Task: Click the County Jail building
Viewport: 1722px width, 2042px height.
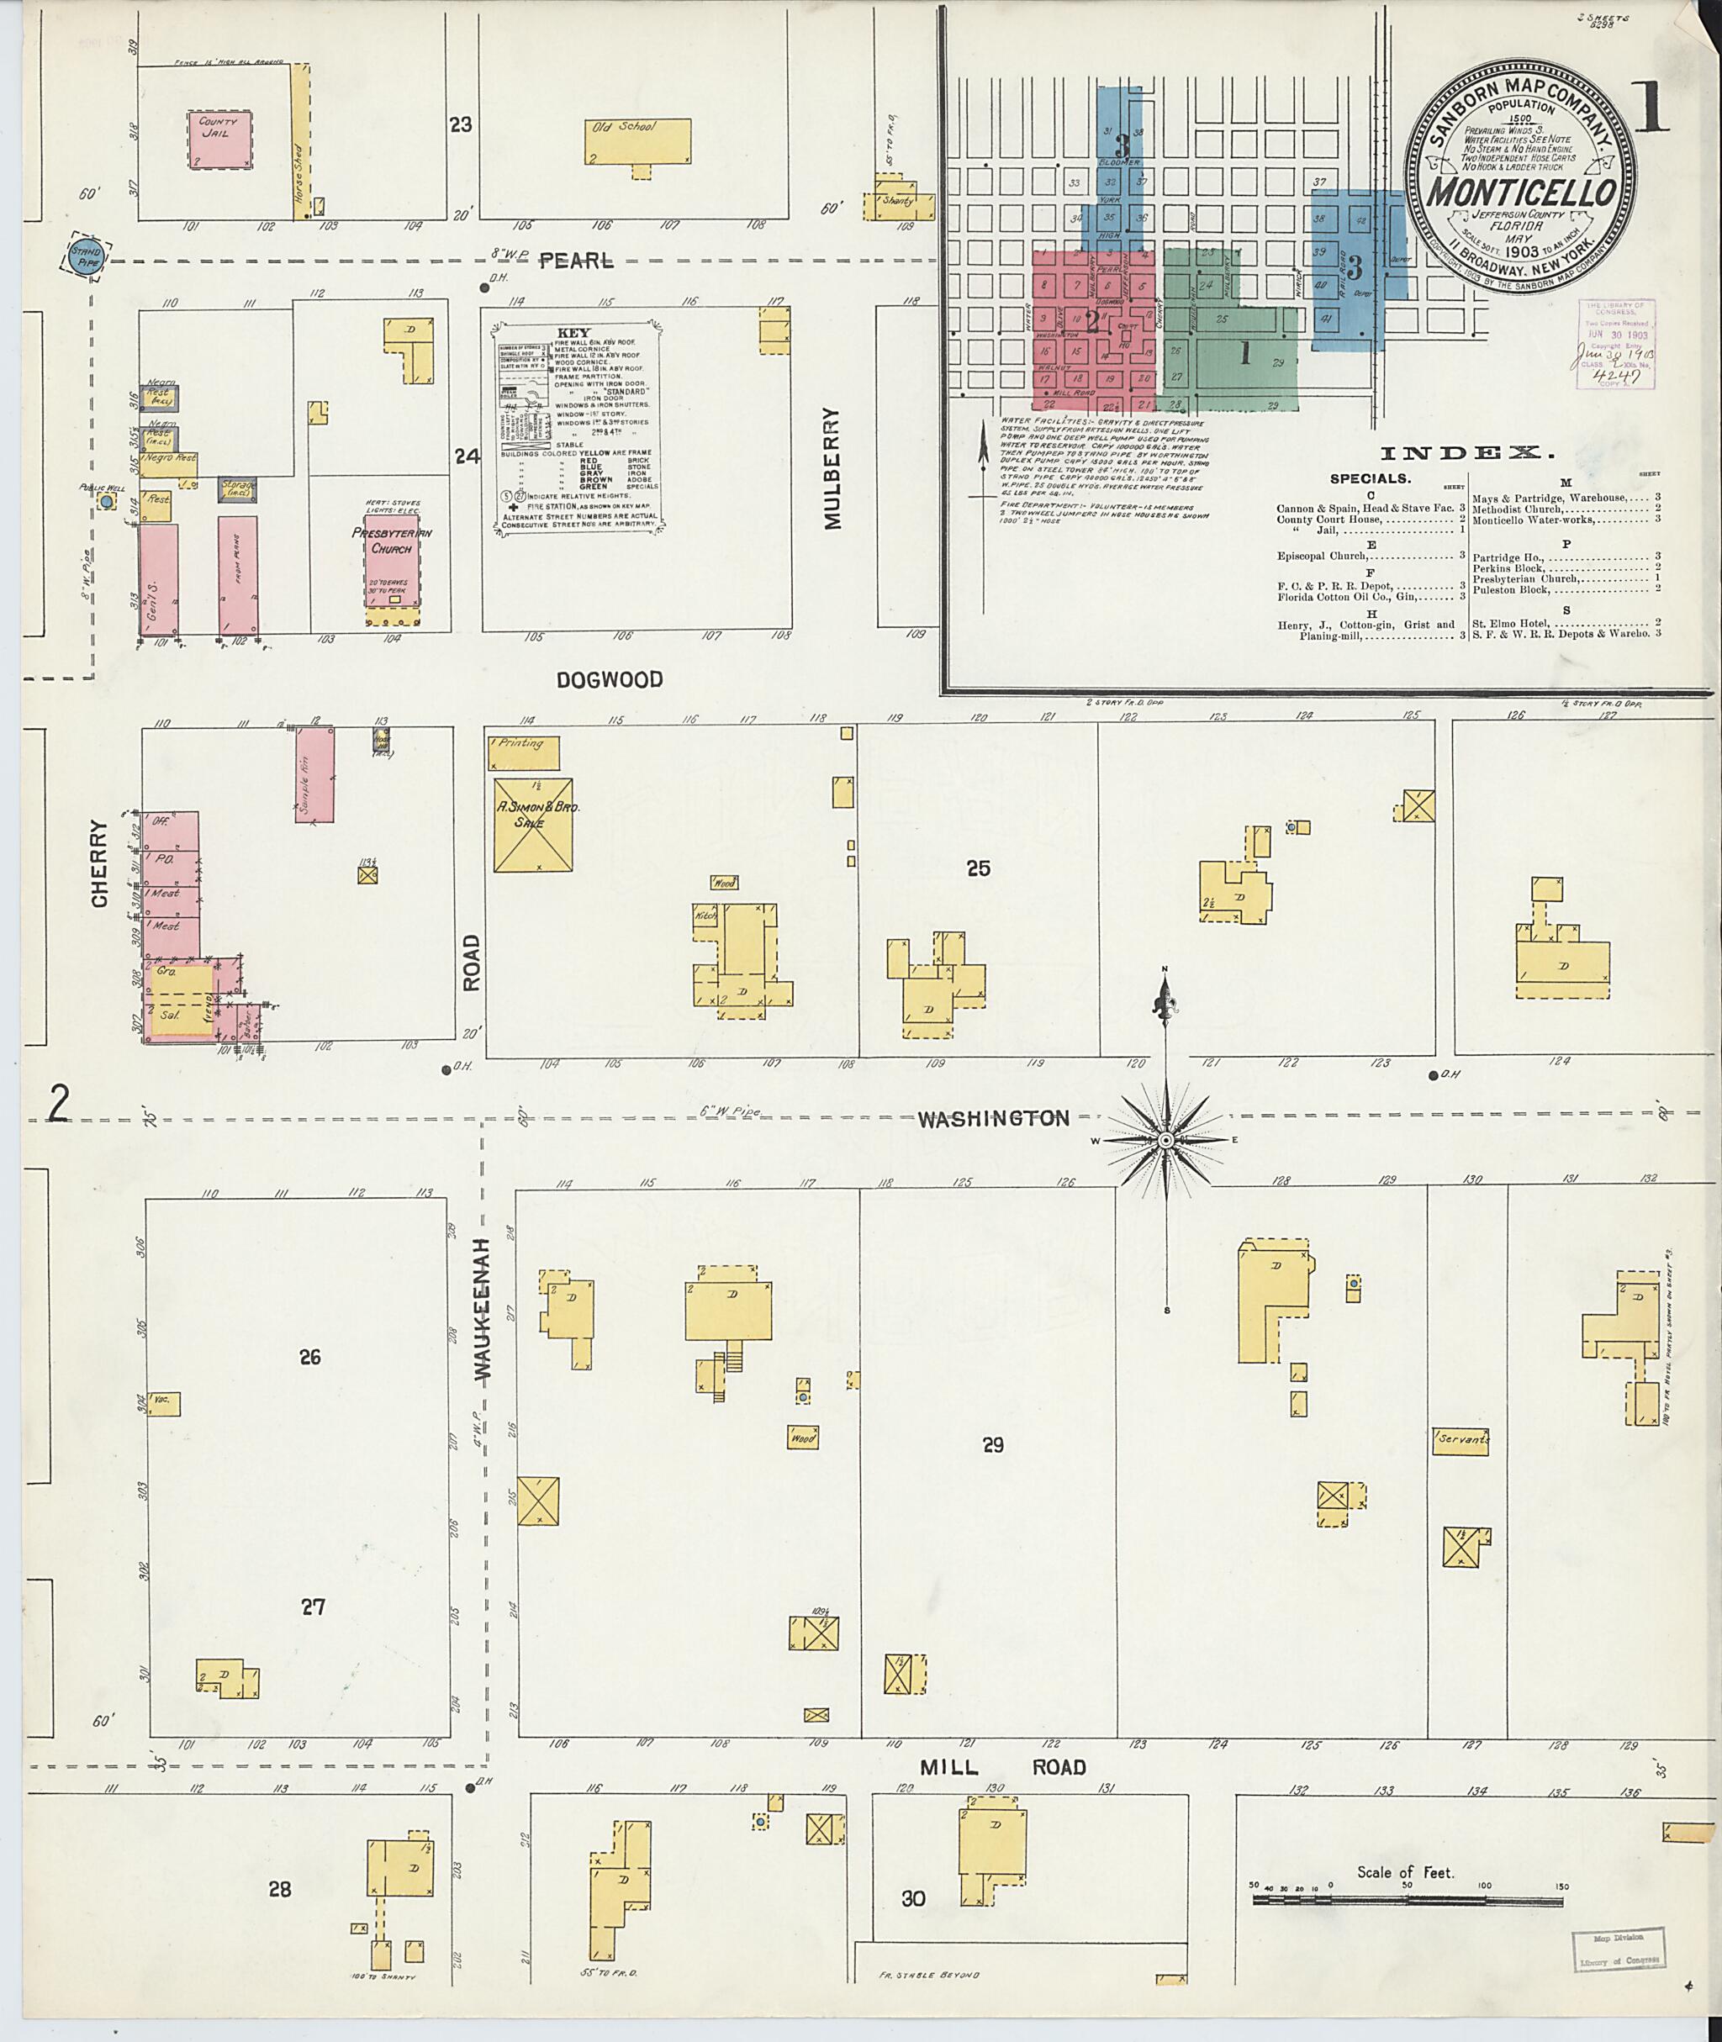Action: pos(219,140)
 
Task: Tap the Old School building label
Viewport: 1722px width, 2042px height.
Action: pos(625,127)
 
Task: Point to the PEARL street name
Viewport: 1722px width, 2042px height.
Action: pos(577,261)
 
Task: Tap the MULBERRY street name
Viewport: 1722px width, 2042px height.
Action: pos(832,467)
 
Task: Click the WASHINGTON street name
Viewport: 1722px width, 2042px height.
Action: pos(993,1119)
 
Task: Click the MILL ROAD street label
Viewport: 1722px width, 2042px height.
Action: pos(1004,1768)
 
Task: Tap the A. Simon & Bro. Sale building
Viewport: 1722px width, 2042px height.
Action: pos(533,824)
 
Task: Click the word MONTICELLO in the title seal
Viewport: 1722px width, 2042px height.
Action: pos(1520,193)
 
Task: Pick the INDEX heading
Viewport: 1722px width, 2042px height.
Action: pos(1466,453)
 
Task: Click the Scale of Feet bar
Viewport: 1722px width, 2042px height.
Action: pos(1408,1901)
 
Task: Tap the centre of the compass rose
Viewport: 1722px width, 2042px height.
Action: pos(1165,1140)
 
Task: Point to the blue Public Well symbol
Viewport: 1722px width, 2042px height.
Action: pos(105,501)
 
